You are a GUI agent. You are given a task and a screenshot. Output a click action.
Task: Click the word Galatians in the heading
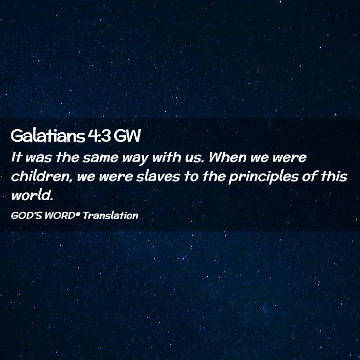47,136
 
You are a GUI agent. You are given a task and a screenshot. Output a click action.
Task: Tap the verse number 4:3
99,136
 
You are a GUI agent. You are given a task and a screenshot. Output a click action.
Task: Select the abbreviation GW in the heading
127,136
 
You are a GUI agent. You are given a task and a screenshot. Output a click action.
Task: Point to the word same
100,158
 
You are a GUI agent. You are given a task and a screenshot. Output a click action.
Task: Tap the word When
227,157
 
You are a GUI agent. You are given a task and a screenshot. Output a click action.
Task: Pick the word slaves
158,176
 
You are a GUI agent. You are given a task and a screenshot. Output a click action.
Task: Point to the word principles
263,177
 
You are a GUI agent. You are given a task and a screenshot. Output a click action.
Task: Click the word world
32,195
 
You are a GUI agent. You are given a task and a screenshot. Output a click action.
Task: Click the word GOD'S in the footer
26,215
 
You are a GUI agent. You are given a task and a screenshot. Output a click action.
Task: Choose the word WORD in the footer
60,215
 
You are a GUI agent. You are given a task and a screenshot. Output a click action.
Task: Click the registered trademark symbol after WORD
78,214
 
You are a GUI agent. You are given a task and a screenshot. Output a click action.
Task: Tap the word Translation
111,215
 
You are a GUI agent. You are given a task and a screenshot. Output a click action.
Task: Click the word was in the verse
39,158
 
